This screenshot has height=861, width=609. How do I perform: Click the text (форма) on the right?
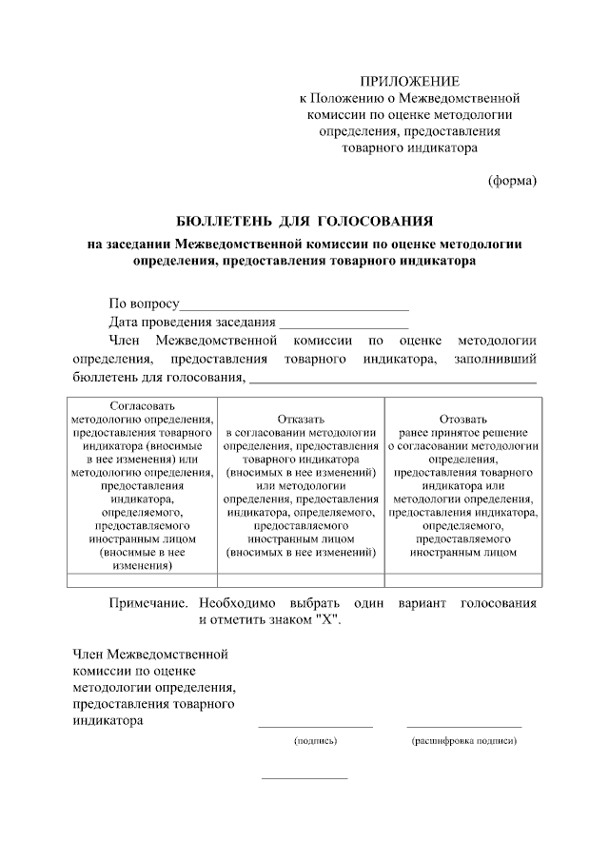coord(512,181)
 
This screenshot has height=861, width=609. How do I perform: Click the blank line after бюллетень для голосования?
coord(392,382)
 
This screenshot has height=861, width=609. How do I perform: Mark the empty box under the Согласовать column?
coord(142,579)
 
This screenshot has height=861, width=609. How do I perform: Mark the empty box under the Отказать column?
coord(301,579)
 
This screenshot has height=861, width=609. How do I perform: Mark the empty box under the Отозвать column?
coord(463,579)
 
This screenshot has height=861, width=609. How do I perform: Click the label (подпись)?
coord(315,740)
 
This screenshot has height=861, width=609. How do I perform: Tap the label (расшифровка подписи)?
coord(463,740)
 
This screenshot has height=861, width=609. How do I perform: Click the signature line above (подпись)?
coord(315,728)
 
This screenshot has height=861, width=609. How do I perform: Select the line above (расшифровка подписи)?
coord(463,728)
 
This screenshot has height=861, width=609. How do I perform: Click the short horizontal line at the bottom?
coord(304,779)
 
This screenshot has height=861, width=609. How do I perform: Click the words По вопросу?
coord(144,303)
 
